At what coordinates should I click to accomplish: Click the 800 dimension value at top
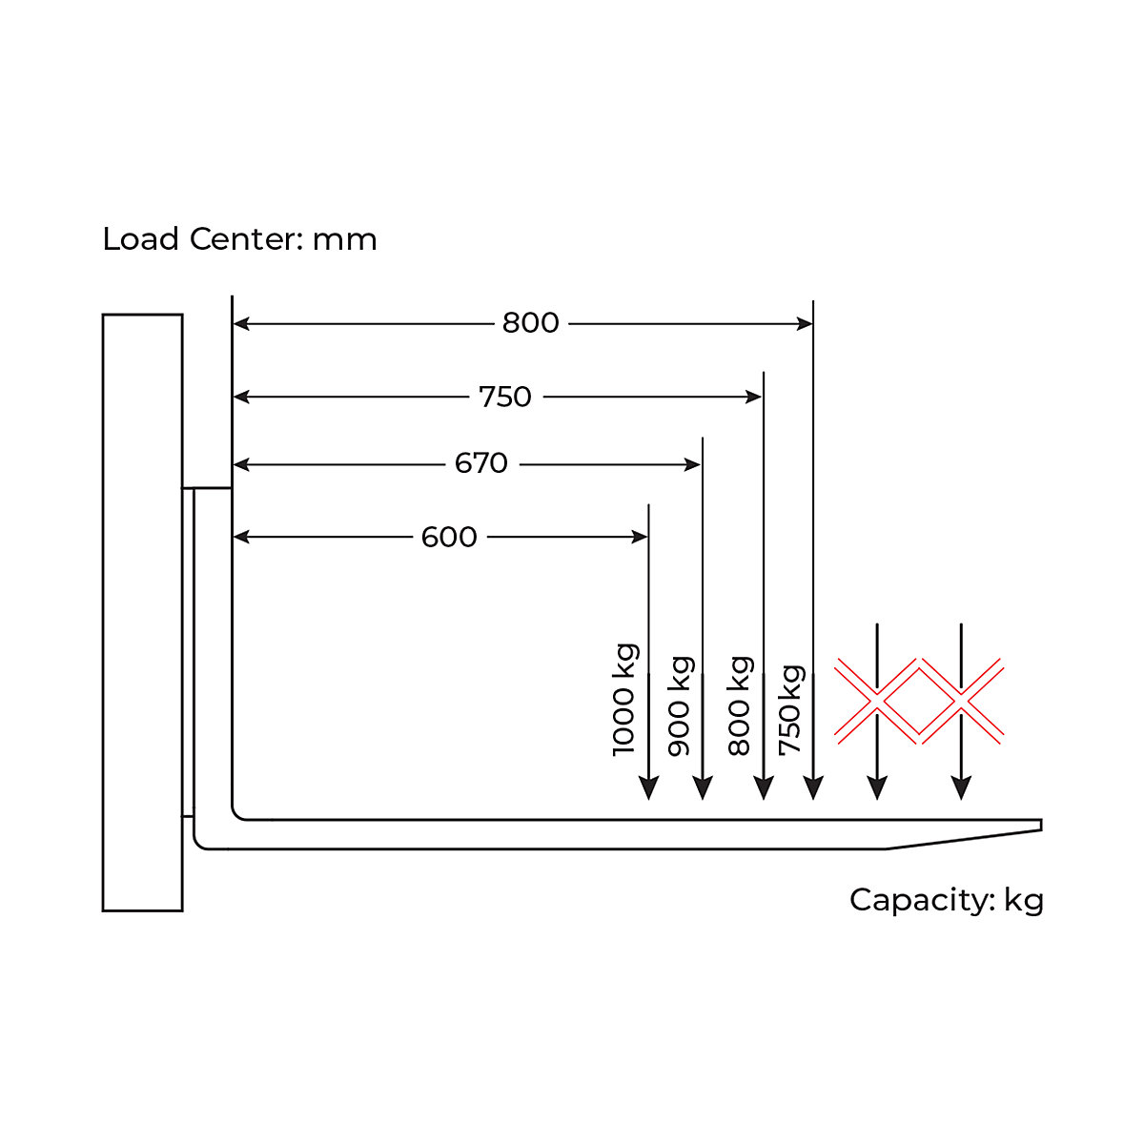click(x=530, y=323)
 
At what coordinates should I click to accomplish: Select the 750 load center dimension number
click(x=504, y=397)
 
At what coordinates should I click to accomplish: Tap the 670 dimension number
click(x=480, y=463)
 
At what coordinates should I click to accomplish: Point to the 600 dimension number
click(x=449, y=537)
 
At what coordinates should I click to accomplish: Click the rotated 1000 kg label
click(x=624, y=700)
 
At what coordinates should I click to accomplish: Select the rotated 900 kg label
click(x=680, y=706)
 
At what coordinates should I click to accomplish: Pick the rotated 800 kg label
click(x=740, y=705)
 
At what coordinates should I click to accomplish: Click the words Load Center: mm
click(x=240, y=239)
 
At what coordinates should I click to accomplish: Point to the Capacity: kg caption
click(x=947, y=900)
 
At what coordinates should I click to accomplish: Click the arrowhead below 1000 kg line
click(x=649, y=787)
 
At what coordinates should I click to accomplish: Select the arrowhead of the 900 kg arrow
click(x=703, y=787)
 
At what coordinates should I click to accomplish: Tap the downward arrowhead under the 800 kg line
click(x=764, y=787)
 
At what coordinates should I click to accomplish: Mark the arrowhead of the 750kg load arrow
click(x=813, y=787)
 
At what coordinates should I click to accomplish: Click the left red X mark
click(x=877, y=701)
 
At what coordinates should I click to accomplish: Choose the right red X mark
click(x=961, y=701)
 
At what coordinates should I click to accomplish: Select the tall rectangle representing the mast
click(x=142, y=613)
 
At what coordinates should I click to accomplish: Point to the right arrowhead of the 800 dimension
click(x=805, y=323)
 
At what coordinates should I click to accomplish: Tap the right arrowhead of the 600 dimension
click(x=640, y=538)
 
